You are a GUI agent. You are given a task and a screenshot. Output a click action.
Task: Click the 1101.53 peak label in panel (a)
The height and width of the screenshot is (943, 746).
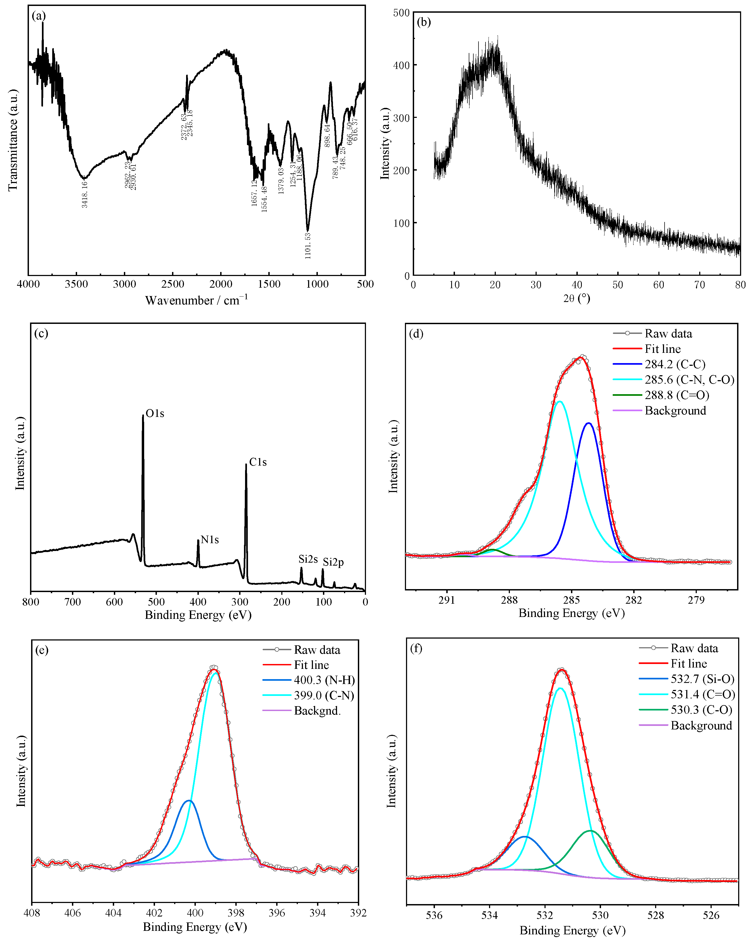308,246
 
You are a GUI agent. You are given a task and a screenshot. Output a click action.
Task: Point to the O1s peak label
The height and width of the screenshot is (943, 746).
155,413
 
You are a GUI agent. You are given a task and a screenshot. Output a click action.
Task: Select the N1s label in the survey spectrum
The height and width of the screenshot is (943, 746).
210,540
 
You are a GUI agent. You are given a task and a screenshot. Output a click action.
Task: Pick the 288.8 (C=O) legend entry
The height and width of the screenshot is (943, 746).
676,395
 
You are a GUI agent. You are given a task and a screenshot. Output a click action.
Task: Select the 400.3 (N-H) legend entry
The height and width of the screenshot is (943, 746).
324,680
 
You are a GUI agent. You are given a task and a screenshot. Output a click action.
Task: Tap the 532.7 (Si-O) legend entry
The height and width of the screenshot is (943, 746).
702,679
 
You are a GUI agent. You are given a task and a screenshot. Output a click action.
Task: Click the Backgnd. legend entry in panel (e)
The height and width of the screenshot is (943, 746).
317,711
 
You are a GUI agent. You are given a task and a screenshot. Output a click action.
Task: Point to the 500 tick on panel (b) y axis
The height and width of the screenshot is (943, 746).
401,13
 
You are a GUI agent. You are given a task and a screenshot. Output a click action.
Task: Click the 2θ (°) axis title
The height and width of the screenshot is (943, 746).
576,299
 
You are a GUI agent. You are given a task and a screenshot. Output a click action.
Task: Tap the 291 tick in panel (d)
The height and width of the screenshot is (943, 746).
447,600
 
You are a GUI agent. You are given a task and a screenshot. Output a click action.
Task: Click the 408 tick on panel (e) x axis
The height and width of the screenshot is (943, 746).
32,913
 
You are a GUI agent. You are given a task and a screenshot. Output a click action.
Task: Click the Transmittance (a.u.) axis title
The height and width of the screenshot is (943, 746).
13,140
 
